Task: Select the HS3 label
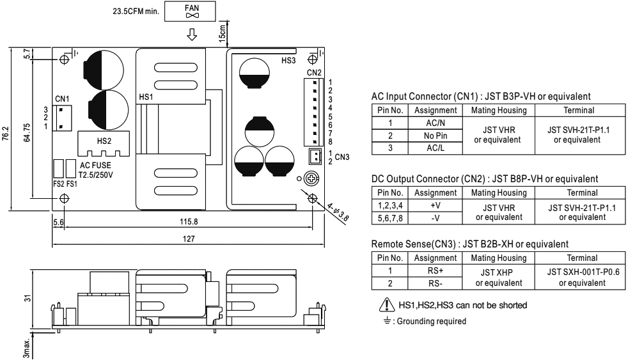pos(288,61)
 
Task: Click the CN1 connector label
pos(62,98)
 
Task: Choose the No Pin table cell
pos(433,136)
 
